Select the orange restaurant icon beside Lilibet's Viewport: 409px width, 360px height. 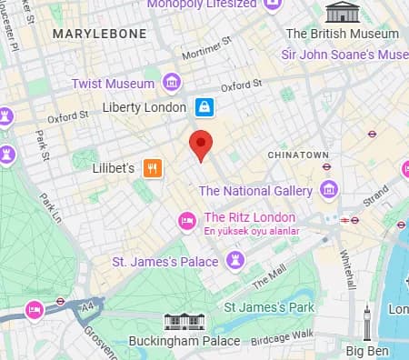tap(153, 167)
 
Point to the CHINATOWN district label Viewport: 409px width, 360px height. tap(297, 155)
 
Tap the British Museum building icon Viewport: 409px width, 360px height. tap(342, 12)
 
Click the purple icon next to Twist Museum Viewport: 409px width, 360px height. tap(170, 83)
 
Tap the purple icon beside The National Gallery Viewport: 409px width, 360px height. tap(328, 191)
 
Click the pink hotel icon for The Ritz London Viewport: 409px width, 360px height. tap(187, 218)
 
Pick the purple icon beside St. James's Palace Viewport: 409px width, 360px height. tap(235, 262)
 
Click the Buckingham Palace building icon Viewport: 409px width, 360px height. tap(182, 323)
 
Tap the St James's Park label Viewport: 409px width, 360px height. tap(269, 307)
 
